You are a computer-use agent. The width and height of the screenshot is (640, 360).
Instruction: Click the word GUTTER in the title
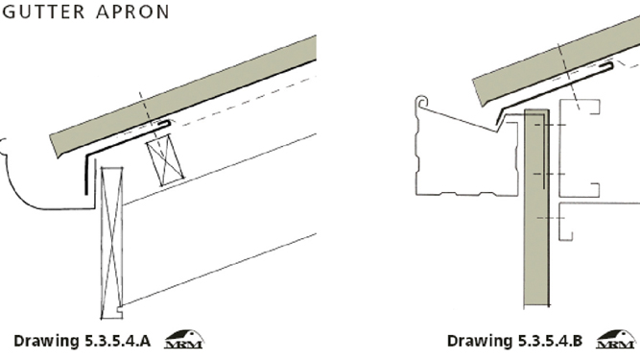[x=44, y=12]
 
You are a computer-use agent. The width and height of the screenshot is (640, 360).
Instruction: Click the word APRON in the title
[x=133, y=12]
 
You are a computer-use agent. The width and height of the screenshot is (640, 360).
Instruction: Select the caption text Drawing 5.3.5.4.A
[x=83, y=341]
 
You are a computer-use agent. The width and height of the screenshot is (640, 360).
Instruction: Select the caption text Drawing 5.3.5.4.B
[x=514, y=341]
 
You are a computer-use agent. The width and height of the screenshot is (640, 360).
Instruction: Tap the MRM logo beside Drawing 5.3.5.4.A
[x=184, y=340]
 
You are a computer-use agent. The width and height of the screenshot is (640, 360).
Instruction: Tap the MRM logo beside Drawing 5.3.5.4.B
[x=616, y=340]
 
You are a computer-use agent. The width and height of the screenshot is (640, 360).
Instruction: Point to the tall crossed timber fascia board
[x=111, y=243]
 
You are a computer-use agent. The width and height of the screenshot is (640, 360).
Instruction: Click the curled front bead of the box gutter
[x=422, y=102]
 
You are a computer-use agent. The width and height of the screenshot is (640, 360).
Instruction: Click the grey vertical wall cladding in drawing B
[x=536, y=207]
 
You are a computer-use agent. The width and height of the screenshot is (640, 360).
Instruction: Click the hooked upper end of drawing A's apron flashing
[x=167, y=123]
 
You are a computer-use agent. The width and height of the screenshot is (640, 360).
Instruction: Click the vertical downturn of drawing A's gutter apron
[x=86, y=175]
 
